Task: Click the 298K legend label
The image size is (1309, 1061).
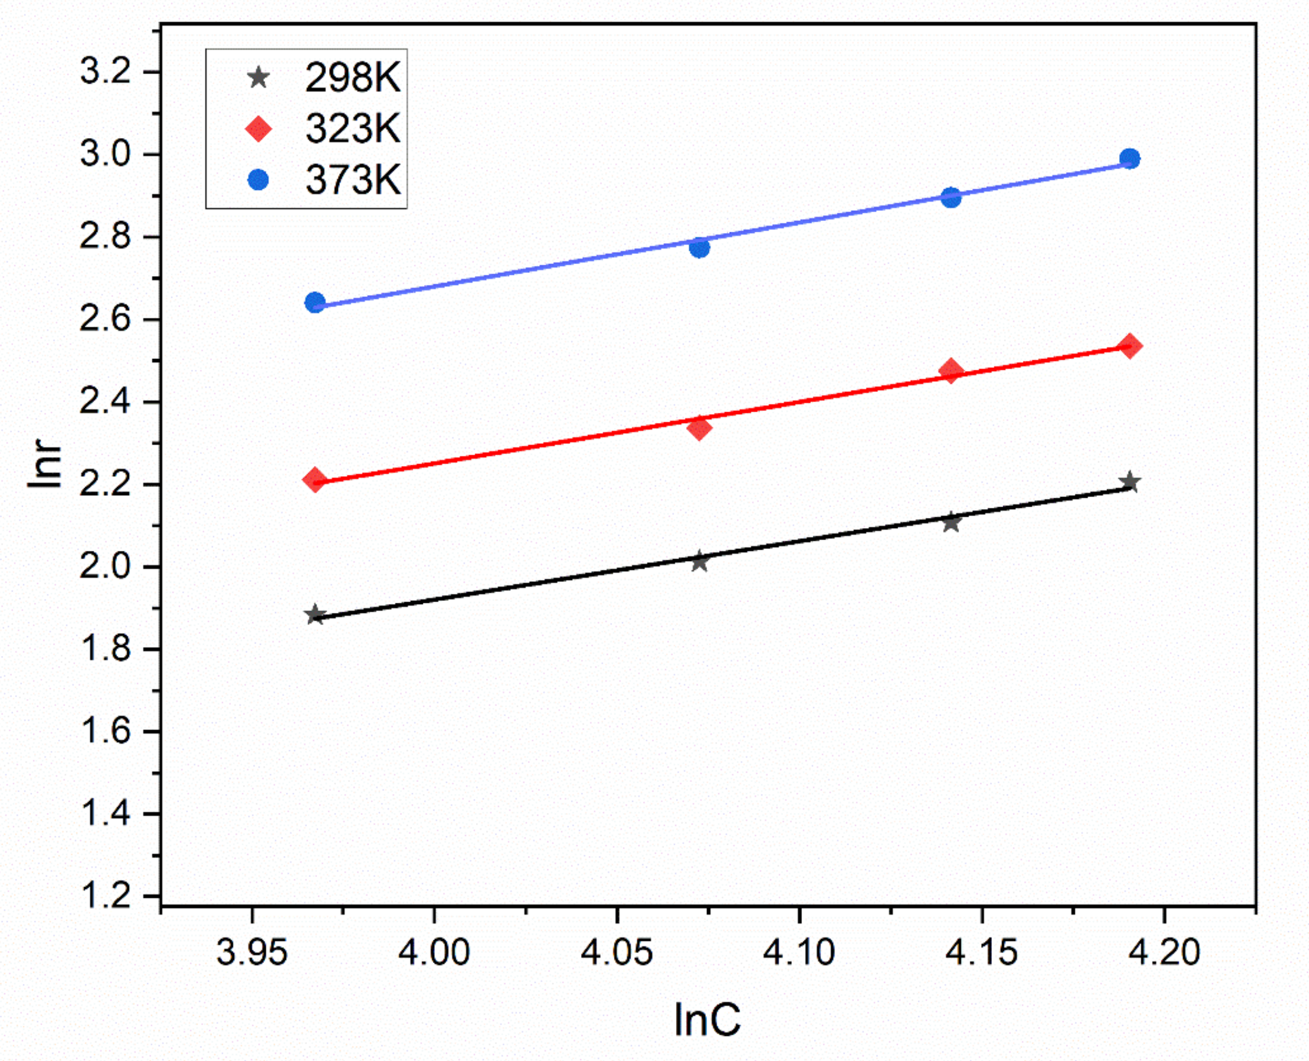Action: [352, 78]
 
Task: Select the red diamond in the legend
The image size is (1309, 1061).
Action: [259, 129]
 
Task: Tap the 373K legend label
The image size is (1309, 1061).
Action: [352, 180]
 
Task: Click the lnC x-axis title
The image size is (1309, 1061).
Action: [706, 1020]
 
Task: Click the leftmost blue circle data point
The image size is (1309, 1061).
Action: [315, 302]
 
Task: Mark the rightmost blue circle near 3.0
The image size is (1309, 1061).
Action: [1129, 159]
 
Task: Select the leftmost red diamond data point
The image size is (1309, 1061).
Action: [315, 480]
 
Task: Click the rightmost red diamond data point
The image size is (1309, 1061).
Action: [1129, 346]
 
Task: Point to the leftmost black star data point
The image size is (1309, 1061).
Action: [315, 615]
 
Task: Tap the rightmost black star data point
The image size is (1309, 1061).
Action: [1129, 482]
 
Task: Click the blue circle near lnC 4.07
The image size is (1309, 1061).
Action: [699, 247]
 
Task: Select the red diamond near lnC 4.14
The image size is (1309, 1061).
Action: [951, 371]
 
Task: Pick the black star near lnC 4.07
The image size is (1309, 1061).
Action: [699, 562]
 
